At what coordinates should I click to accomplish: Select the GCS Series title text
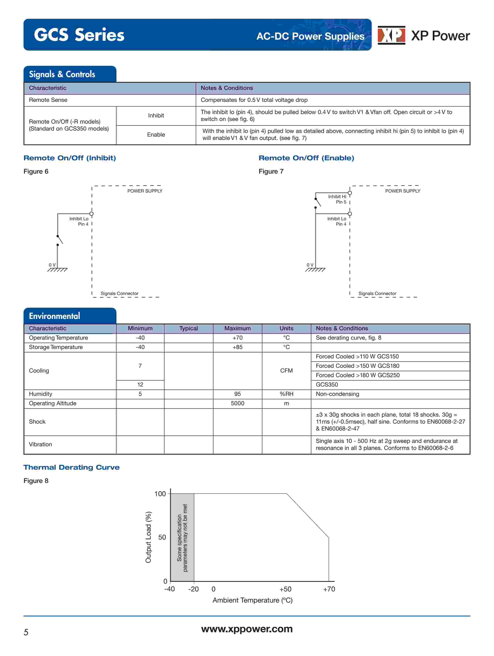(79, 35)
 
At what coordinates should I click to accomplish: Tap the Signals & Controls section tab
(62, 74)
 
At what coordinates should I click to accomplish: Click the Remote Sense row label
(48, 100)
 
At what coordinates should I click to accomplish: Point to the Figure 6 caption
(36, 171)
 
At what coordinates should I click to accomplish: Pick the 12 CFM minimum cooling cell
(140, 385)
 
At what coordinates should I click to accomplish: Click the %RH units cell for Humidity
(286, 394)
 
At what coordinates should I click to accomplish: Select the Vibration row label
(40, 444)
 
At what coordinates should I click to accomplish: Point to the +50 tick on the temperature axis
(285, 589)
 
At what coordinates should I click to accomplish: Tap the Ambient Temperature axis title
(252, 600)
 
